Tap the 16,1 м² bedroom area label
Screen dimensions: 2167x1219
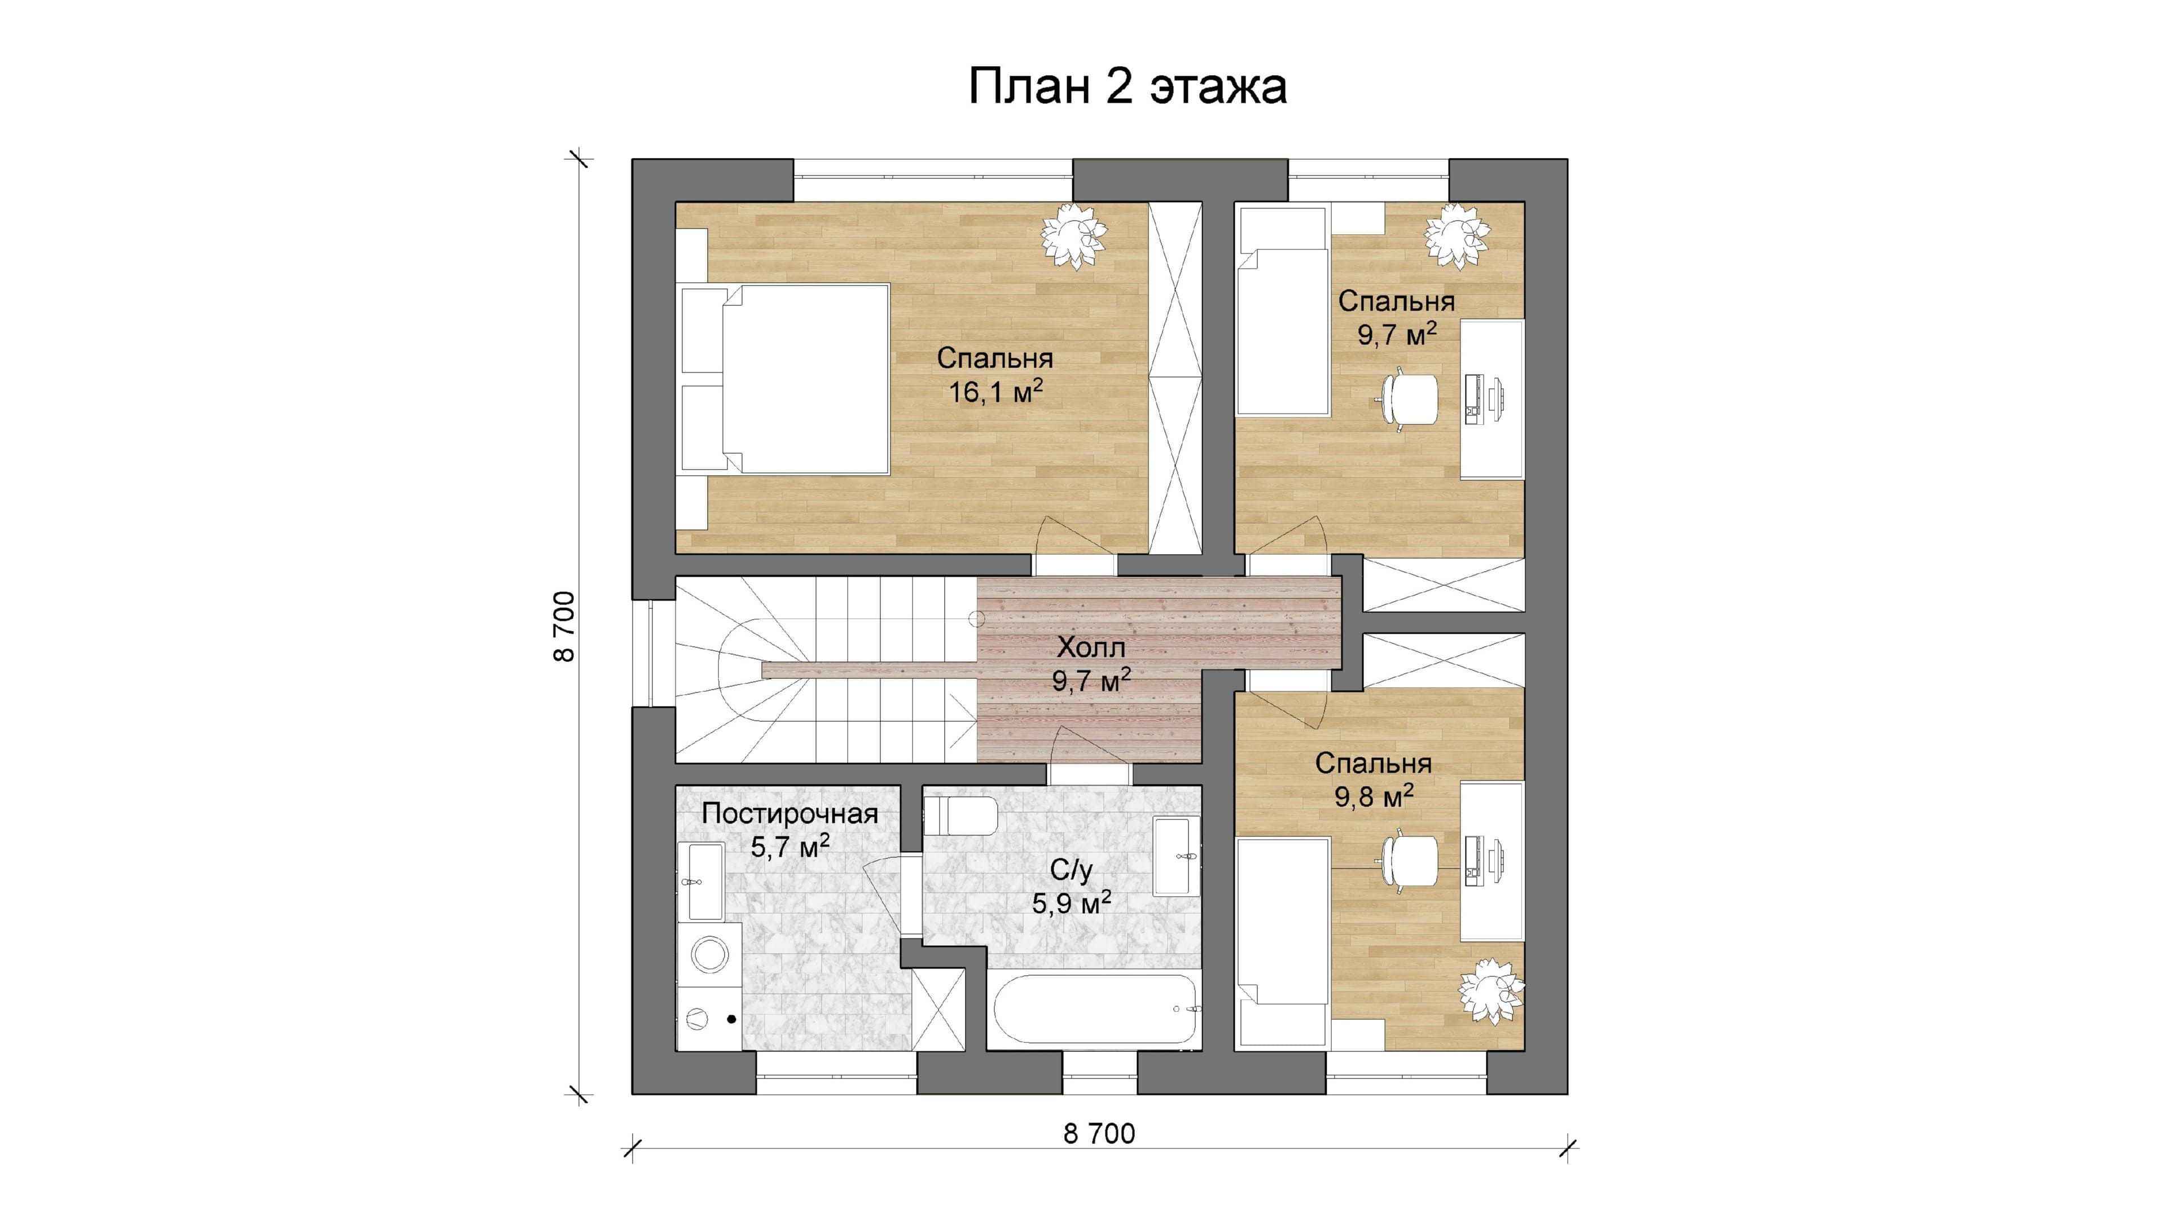[996, 391]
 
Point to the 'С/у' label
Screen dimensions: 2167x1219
[1071, 870]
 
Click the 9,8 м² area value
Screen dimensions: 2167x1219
[1374, 796]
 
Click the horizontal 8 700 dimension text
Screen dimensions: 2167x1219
[1099, 1134]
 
